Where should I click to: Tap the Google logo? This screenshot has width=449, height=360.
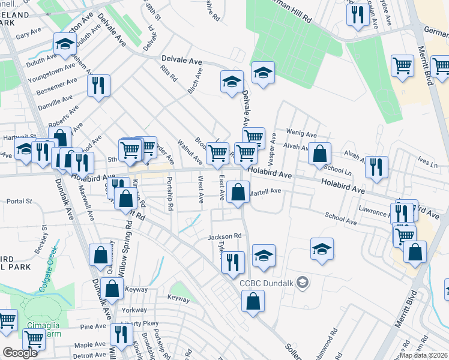[20, 353]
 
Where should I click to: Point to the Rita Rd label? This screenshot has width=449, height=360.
[169, 74]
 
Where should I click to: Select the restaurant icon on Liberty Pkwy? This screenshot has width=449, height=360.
[122, 336]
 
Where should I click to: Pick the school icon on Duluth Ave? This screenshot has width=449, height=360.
[64, 43]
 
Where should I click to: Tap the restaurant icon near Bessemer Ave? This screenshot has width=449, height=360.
[98, 85]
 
